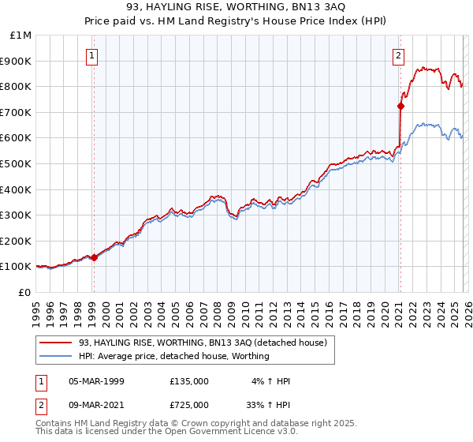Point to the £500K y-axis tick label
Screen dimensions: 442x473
[x=17, y=163]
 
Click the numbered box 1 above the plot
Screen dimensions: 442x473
[x=93, y=55]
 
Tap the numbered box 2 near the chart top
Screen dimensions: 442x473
[x=399, y=55]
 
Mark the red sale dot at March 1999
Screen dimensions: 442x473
[x=94, y=257]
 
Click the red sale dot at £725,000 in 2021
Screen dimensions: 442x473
[x=400, y=105]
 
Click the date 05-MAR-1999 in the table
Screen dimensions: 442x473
[x=96, y=381]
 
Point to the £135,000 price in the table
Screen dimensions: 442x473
[x=189, y=381]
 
